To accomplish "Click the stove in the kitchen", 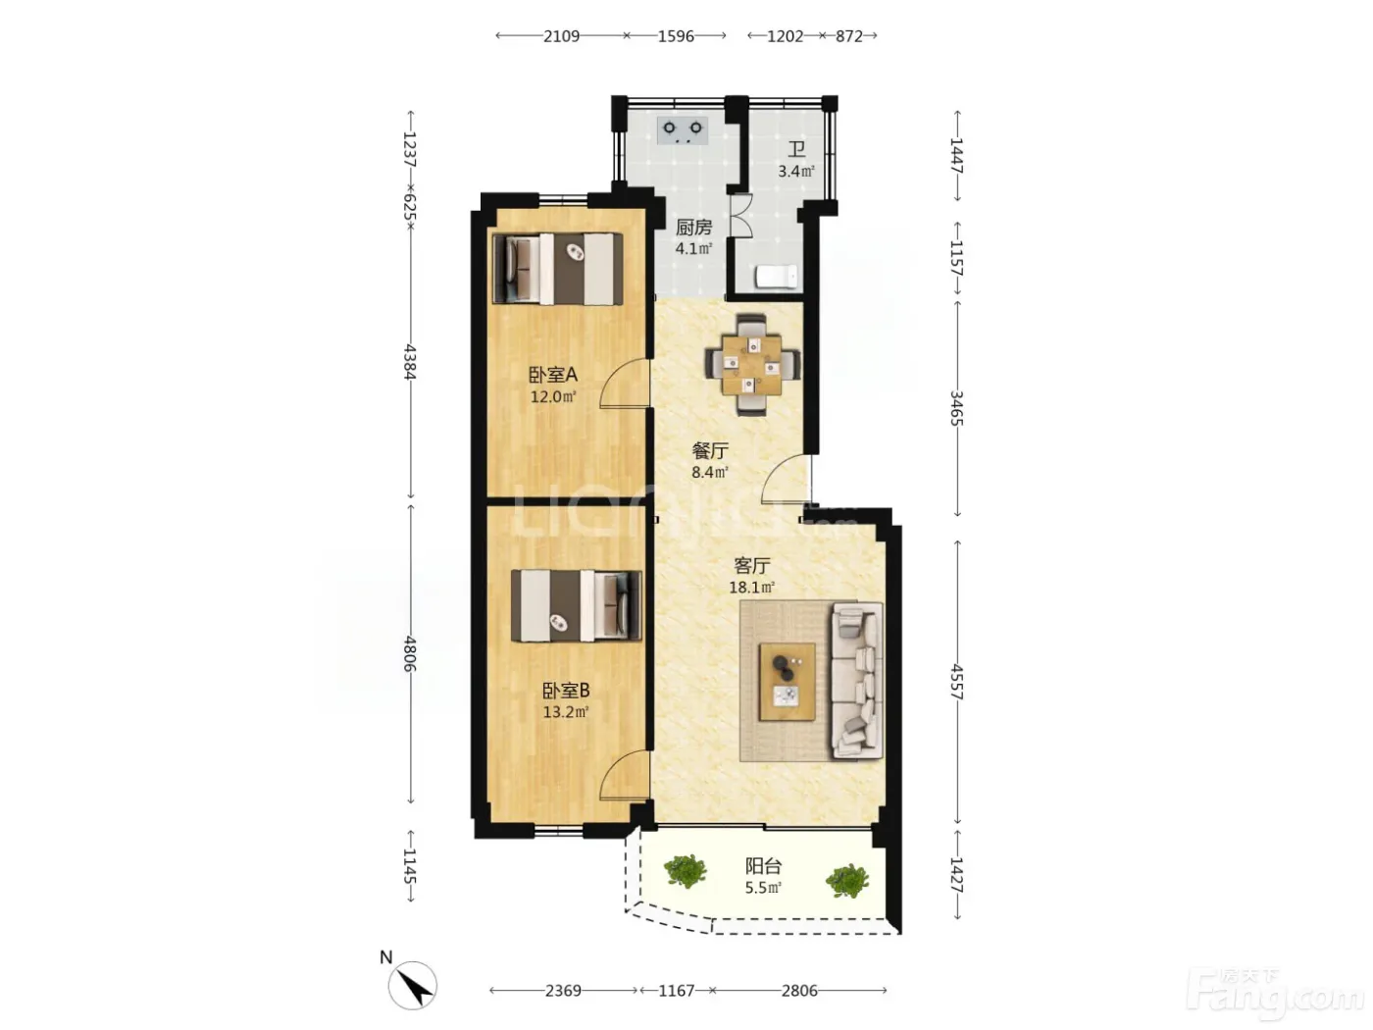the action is pyautogui.click(x=682, y=130).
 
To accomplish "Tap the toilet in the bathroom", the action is pyautogui.click(x=777, y=277).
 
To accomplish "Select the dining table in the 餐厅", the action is pyautogui.click(x=752, y=365).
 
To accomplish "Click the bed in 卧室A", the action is pyautogui.click(x=558, y=269).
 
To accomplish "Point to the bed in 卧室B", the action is pyautogui.click(x=576, y=605).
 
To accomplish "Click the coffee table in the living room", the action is pyautogui.click(x=787, y=681).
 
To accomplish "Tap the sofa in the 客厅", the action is pyautogui.click(x=856, y=681).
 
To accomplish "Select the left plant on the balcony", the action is pyautogui.click(x=685, y=870).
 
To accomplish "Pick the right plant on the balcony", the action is pyautogui.click(x=847, y=880).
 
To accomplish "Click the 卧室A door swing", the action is pyautogui.click(x=623, y=384).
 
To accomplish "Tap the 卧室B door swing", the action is pyautogui.click(x=623, y=776).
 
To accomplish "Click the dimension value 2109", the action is pyautogui.click(x=561, y=36).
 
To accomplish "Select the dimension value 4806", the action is pyautogui.click(x=410, y=654).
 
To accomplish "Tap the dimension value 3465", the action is pyautogui.click(x=956, y=408).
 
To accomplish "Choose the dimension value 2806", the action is pyautogui.click(x=799, y=991).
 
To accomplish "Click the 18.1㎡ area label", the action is pyautogui.click(x=752, y=588).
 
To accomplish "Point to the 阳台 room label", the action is pyautogui.click(x=763, y=866).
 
